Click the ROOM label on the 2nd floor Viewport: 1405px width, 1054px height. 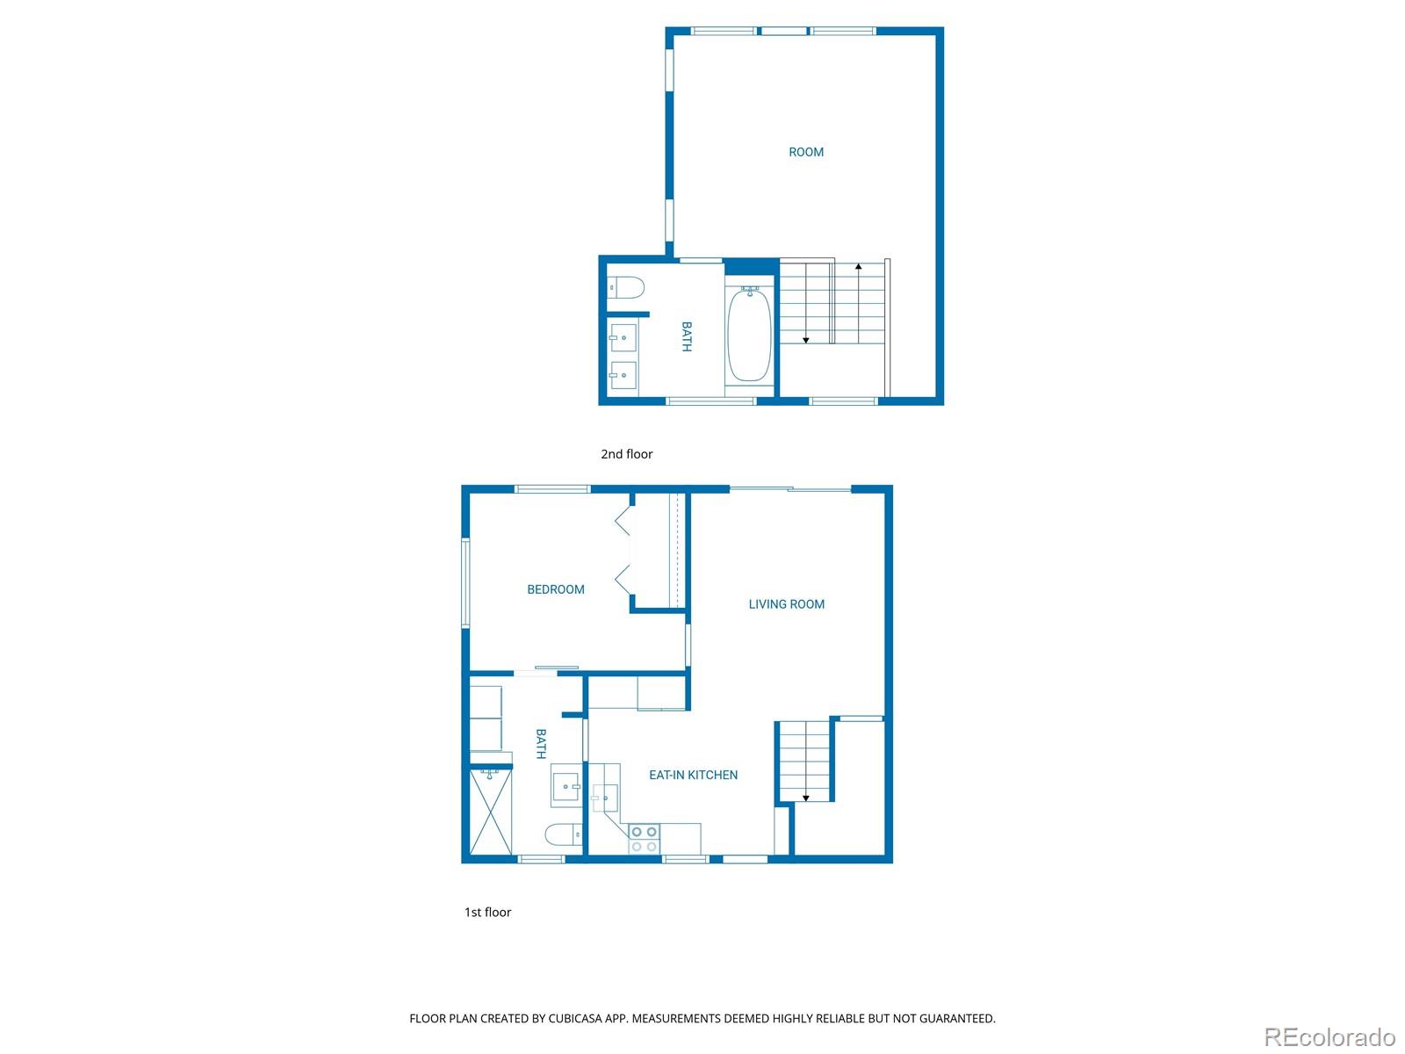tap(806, 152)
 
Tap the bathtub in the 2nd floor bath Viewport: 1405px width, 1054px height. tap(749, 335)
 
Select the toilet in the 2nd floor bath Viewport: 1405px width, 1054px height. tap(627, 287)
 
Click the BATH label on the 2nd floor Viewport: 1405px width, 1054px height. tap(687, 336)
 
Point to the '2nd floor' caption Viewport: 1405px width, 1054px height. tap(626, 454)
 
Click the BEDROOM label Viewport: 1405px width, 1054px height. tap(556, 589)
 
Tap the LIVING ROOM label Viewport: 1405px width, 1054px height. tap(786, 604)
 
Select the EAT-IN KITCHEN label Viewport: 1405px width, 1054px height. tap(693, 775)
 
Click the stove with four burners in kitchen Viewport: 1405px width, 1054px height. tap(644, 839)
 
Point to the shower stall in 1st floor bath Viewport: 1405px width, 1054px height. tap(491, 812)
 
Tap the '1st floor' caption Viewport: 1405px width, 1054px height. tap(487, 912)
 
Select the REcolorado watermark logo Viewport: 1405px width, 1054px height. tap(1329, 1036)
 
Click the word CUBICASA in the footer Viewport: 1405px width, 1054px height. tap(579, 1019)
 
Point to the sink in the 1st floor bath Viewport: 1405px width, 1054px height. tap(566, 785)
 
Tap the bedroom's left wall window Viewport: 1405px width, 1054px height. tap(466, 583)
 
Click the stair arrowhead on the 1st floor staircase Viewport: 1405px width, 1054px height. tap(805, 798)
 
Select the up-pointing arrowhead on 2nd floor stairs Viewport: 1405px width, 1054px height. tap(858, 265)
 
